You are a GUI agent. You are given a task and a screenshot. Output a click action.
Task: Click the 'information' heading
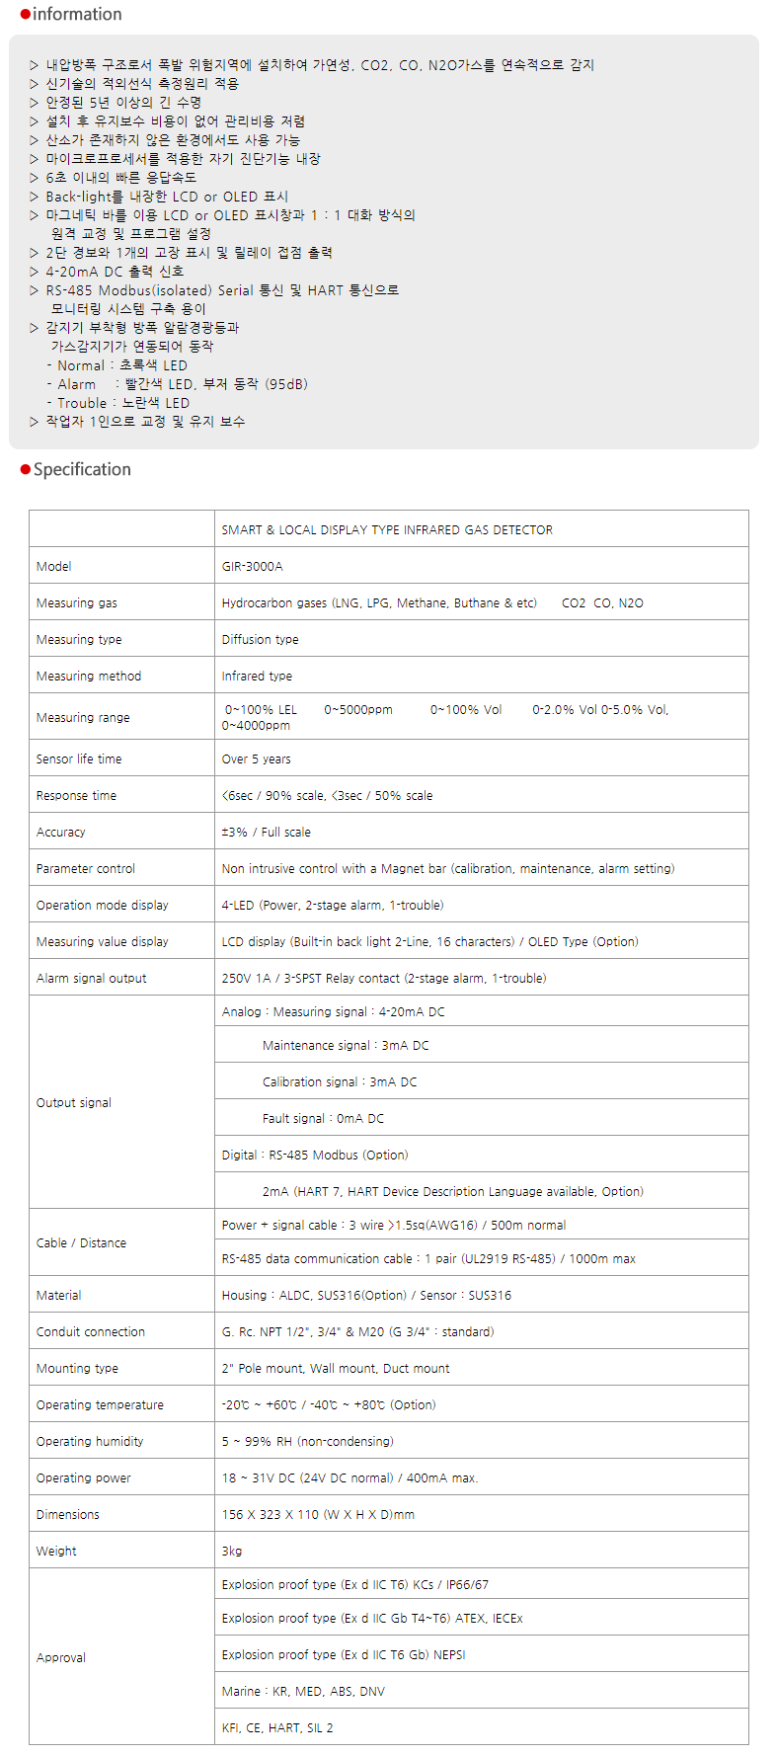[x=77, y=15]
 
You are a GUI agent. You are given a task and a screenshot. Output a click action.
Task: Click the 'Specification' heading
[x=82, y=470]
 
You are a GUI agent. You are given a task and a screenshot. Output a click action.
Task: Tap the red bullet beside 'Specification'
[x=26, y=470]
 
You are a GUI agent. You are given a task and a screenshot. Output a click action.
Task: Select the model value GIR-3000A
[x=252, y=567]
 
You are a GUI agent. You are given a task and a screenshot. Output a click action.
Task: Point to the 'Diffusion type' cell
[x=260, y=640]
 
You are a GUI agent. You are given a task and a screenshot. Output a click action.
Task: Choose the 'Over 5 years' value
[x=256, y=759]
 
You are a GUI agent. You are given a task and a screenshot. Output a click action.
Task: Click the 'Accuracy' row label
[x=60, y=833]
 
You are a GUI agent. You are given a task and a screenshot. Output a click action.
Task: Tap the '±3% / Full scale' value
[x=266, y=833]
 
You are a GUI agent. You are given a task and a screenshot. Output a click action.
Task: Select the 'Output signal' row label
[x=73, y=1103]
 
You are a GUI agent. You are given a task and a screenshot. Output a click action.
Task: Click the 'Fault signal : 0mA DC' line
[x=323, y=1119]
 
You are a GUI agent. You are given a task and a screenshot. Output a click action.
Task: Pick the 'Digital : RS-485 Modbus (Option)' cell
[x=314, y=1156]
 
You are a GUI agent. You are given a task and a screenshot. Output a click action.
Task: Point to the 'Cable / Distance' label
[x=81, y=1243]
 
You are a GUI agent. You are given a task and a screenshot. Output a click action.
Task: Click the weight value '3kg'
[x=232, y=1552]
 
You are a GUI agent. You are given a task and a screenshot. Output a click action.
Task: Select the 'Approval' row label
[x=60, y=1658]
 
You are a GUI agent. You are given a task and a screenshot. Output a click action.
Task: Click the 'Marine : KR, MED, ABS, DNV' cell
[x=303, y=1692]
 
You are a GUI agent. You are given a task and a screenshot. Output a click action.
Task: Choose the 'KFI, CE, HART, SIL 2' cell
[x=276, y=1728]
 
